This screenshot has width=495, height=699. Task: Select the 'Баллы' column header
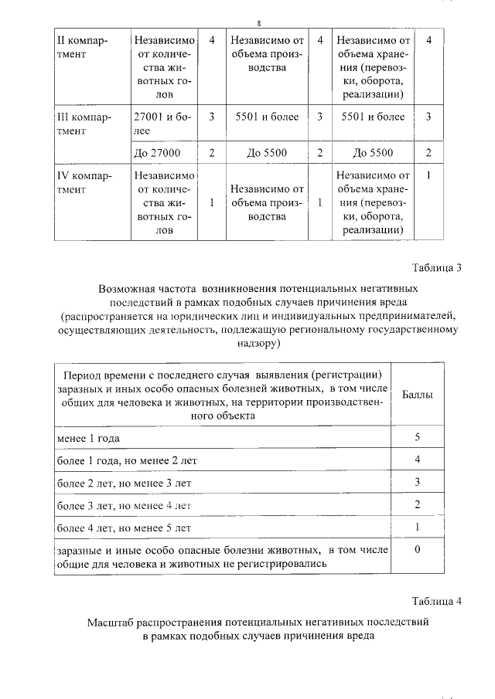(418, 394)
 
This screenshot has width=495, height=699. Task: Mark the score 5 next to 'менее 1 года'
(417, 438)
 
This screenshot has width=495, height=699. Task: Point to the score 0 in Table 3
(417, 550)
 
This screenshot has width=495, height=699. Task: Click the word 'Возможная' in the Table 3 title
(125, 287)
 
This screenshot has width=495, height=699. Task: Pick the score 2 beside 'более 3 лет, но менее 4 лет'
(417, 505)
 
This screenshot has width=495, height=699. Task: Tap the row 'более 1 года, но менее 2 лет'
(127, 460)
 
